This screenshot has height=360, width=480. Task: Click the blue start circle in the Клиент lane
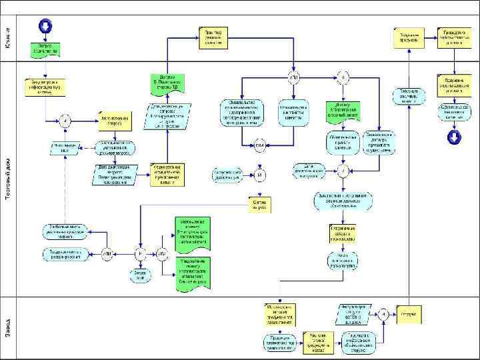tap(45, 26)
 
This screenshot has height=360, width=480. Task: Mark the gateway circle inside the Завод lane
tap(385, 315)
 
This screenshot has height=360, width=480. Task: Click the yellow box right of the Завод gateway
tap(409, 314)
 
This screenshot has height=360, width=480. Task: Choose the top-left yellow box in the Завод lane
tap(280, 311)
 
